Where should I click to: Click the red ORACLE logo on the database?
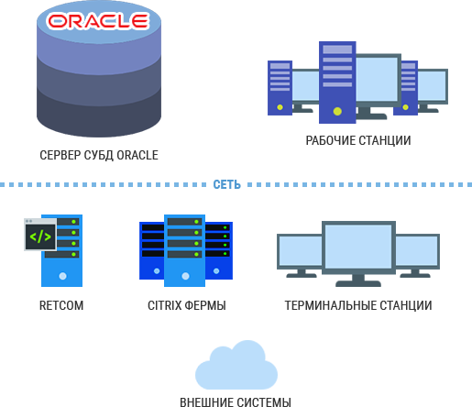(x=98, y=21)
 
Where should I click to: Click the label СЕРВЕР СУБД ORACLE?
(x=99, y=155)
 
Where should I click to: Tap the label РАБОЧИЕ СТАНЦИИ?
(x=358, y=140)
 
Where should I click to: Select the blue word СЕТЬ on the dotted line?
(x=226, y=184)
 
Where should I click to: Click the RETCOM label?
(x=61, y=305)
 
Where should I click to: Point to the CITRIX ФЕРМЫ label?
(x=187, y=305)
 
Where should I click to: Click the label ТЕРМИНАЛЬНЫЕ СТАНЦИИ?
(x=358, y=305)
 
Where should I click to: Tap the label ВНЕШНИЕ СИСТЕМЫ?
(x=236, y=402)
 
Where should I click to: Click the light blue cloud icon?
(x=236, y=365)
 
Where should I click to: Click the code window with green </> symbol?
(x=40, y=235)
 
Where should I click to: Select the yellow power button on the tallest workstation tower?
(x=337, y=111)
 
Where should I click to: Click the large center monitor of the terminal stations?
(x=358, y=247)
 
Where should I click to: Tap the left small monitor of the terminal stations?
(x=300, y=251)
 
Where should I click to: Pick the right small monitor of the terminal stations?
(x=418, y=251)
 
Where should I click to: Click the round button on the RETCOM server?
(x=62, y=276)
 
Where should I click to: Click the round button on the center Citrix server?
(x=185, y=276)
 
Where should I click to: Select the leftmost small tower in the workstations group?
(x=280, y=88)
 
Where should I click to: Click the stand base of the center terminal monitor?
(x=358, y=284)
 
